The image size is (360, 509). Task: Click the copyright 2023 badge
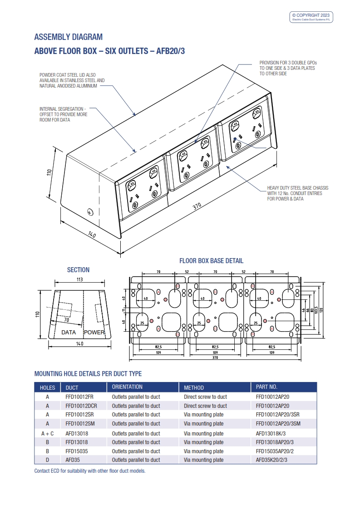[311, 17]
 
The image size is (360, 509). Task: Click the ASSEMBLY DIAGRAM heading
[69, 37]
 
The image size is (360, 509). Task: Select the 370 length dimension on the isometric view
[197, 206]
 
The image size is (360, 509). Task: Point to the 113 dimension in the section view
[79, 279]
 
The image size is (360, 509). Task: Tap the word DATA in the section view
[69, 333]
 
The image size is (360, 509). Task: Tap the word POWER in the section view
[94, 333]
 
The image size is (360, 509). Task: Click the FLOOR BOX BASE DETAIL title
[211, 261]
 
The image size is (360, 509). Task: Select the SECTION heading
[78, 270]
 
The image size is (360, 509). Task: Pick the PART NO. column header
[266, 387]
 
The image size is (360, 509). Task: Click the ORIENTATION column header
[127, 387]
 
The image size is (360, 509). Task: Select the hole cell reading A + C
[47, 433]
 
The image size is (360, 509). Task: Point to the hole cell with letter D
[47, 460]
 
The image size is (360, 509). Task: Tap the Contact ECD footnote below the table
[90, 471]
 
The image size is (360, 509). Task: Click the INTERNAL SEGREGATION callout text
[64, 114]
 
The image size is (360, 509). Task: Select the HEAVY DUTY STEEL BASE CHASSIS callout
[297, 193]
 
